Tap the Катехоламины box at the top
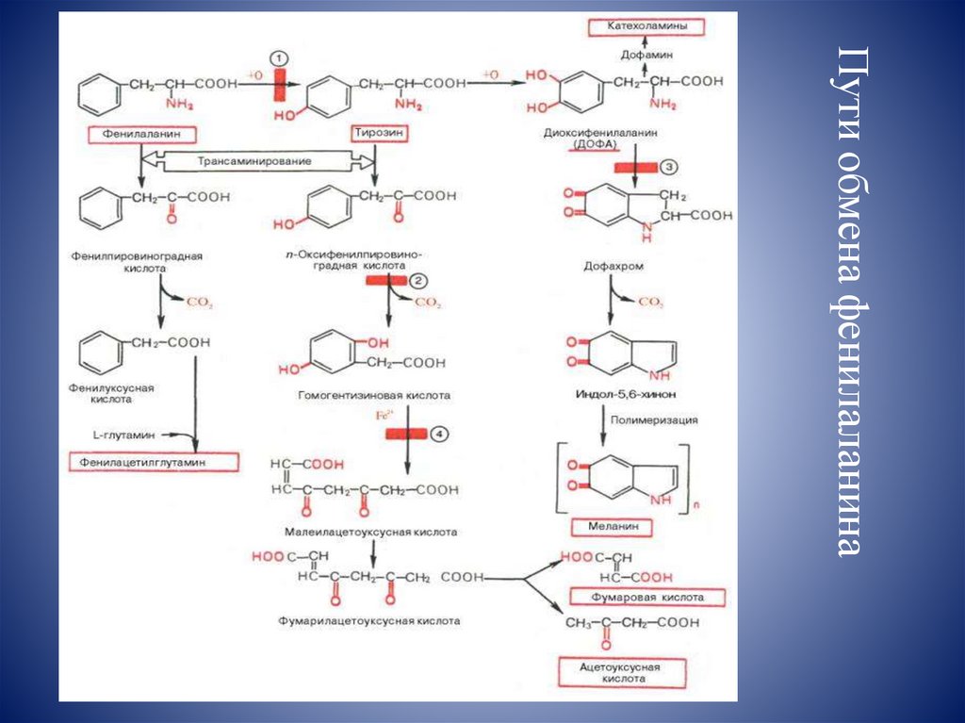648,27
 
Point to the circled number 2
419,280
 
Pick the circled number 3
666,167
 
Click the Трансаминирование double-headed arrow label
254,162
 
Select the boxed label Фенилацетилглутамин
154,462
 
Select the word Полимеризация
654,420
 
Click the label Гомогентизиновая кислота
374,396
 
